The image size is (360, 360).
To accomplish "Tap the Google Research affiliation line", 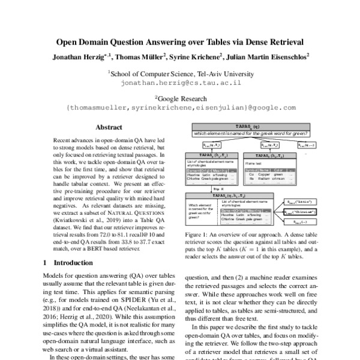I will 179,98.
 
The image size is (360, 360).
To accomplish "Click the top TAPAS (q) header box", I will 251,127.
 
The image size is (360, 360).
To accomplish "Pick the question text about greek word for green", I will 251,133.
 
